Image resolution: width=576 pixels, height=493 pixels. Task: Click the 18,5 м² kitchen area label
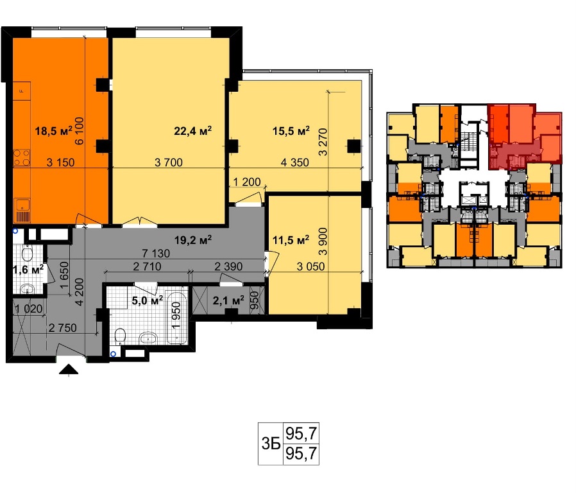54,130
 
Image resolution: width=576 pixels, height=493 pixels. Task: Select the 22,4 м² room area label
193,130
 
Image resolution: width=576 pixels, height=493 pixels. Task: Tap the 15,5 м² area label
291,130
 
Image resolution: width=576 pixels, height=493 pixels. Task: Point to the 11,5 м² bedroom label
291,240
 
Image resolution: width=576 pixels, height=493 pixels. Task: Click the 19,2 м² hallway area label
193,240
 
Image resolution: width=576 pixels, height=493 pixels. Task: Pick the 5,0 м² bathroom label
148,300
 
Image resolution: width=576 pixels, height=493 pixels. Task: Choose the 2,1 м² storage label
228,300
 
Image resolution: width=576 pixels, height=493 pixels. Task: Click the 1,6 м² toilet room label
28,270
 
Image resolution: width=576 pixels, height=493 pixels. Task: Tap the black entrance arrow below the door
69,370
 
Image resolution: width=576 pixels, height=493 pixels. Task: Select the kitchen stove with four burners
22,158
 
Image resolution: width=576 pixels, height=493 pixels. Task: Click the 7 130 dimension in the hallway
156,253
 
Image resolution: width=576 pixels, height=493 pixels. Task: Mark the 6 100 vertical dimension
80,130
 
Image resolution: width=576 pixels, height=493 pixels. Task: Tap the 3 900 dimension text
323,241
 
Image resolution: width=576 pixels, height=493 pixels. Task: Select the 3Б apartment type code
271,444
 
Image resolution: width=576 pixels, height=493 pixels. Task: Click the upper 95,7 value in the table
301,433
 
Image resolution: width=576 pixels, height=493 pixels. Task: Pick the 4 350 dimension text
294,162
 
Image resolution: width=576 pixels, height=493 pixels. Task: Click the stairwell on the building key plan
468,141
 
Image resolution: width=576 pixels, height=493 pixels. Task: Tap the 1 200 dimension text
247,182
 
